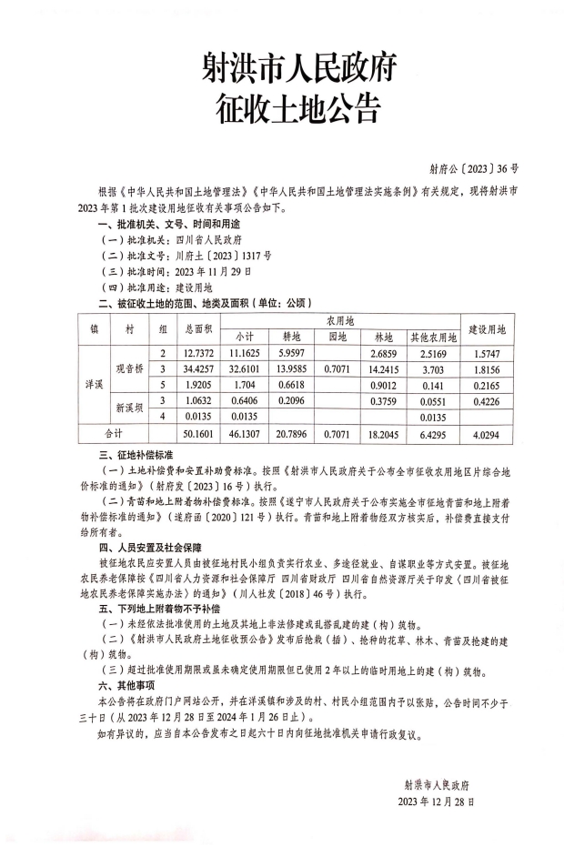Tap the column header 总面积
[198, 328]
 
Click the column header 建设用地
[492, 328]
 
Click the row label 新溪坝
[130, 408]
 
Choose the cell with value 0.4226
[492, 400]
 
